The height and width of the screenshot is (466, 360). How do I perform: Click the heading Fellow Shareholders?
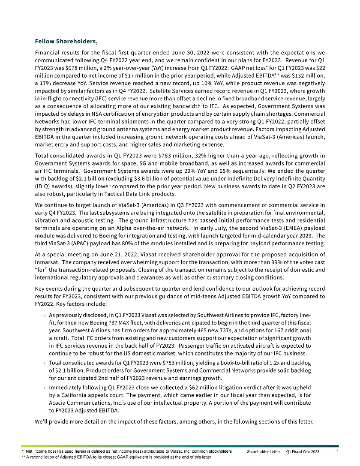[66, 42]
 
